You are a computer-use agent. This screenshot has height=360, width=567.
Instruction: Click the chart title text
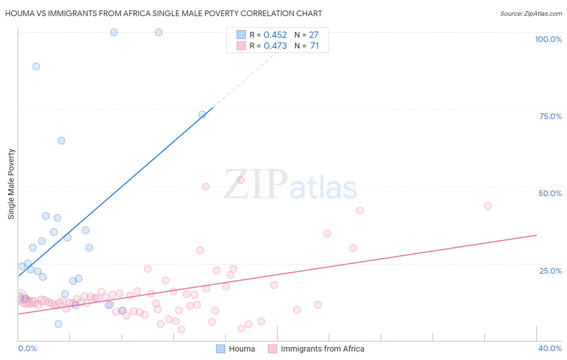pyautogui.click(x=163, y=13)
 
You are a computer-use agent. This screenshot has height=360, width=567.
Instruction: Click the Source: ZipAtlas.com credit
pyautogui.click(x=531, y=14)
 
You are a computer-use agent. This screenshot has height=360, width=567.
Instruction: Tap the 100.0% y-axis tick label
pyautogui.click(x=548, y=39)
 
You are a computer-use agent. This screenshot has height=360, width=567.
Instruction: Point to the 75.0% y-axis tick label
pyautogui.click(x=550, y=116)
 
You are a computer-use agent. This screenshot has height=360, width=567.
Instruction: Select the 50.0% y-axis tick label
pyautogui.click(x=550, y=193)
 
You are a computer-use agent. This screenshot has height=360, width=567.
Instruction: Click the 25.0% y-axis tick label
pyautogui.click(x=550, y=271)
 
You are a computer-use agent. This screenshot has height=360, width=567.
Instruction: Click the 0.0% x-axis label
pyautogui.click(x=27, y=348)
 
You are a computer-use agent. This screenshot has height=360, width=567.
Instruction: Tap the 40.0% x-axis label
pyautogui.click(x=550, y=348)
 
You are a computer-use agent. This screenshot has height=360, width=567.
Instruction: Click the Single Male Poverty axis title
pyautogui.click(x=11, y=184)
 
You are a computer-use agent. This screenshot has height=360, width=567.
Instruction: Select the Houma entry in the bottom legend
pyautogui.click(x=242, y=349)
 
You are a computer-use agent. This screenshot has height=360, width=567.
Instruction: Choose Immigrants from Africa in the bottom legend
pyautogui.click(x=322, y=349)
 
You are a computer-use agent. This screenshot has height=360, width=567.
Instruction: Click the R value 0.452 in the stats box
pyautogui.click(x=275, y=35)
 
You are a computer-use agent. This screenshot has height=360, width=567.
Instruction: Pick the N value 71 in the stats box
pyautogui.click(x=315, y=46)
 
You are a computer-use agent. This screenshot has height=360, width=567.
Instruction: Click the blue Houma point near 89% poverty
pyautogui.click(x=36, y=67)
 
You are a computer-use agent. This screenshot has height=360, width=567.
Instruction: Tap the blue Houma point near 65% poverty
pyautogui.click(x=61, y=141)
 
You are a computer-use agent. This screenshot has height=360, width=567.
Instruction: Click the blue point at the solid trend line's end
pyautogui.click(x=202, y=115)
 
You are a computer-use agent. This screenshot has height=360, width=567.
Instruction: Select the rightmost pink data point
pyautogui.click(x=488, y=206)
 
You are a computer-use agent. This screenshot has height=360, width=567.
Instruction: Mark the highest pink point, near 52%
pyautogui.click(x=241, y=180)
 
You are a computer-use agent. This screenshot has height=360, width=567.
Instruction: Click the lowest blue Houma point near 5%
pyautogui.click(x=58, y=324)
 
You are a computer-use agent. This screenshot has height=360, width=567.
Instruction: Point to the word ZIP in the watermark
pyautogui.click(x=256, y=184)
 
